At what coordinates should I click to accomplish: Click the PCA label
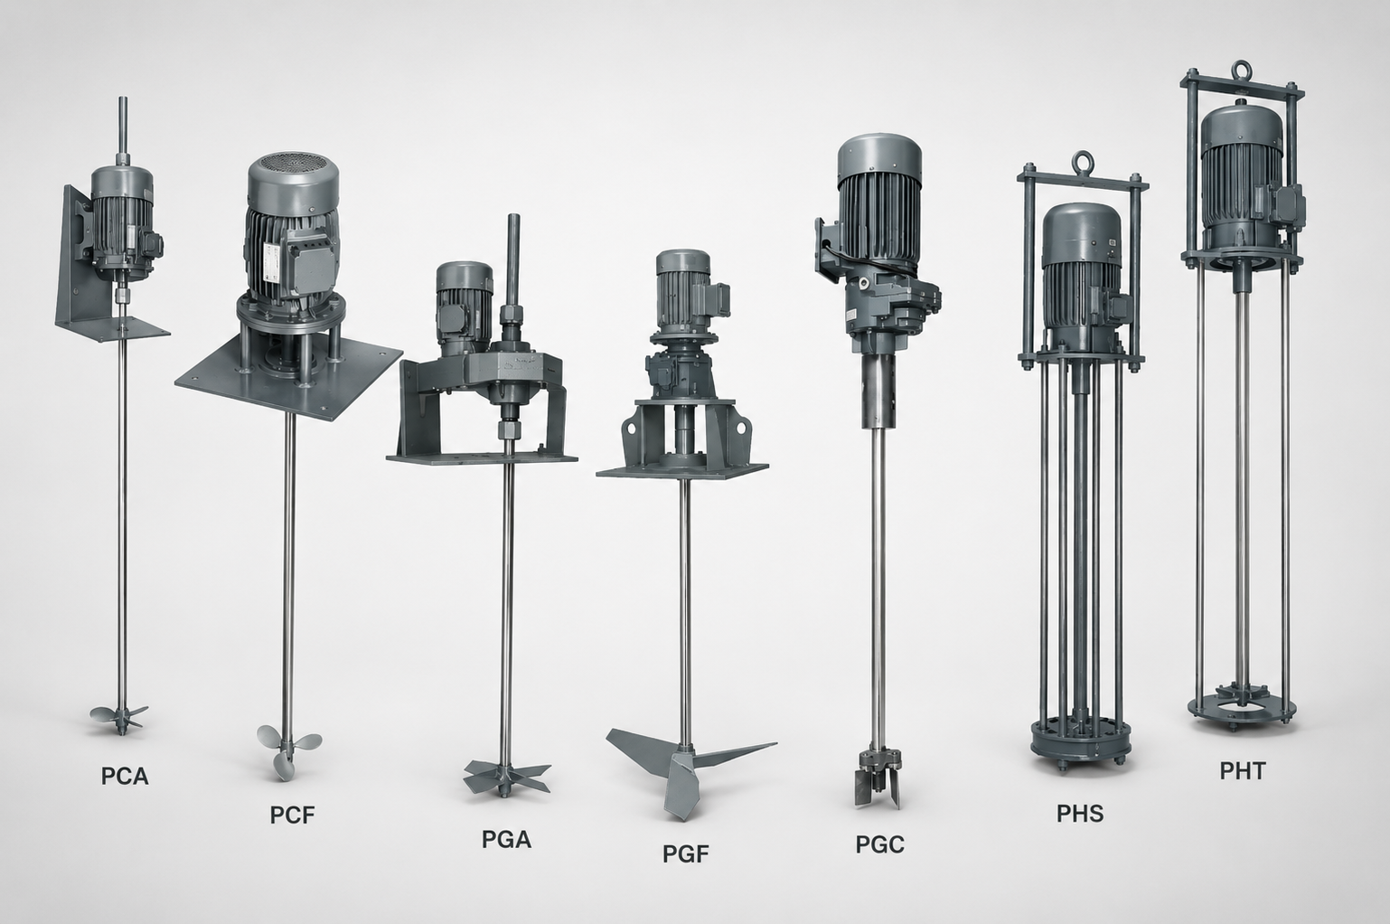click(125, 777)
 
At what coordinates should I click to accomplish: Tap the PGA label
click(506, 840)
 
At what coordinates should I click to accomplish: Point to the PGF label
click(686, 854)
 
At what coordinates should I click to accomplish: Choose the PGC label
click(880, 844)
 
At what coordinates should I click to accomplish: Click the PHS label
click(1080, 814)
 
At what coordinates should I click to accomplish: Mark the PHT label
click(1243, 770)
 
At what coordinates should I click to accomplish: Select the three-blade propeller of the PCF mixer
click(288, 750)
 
